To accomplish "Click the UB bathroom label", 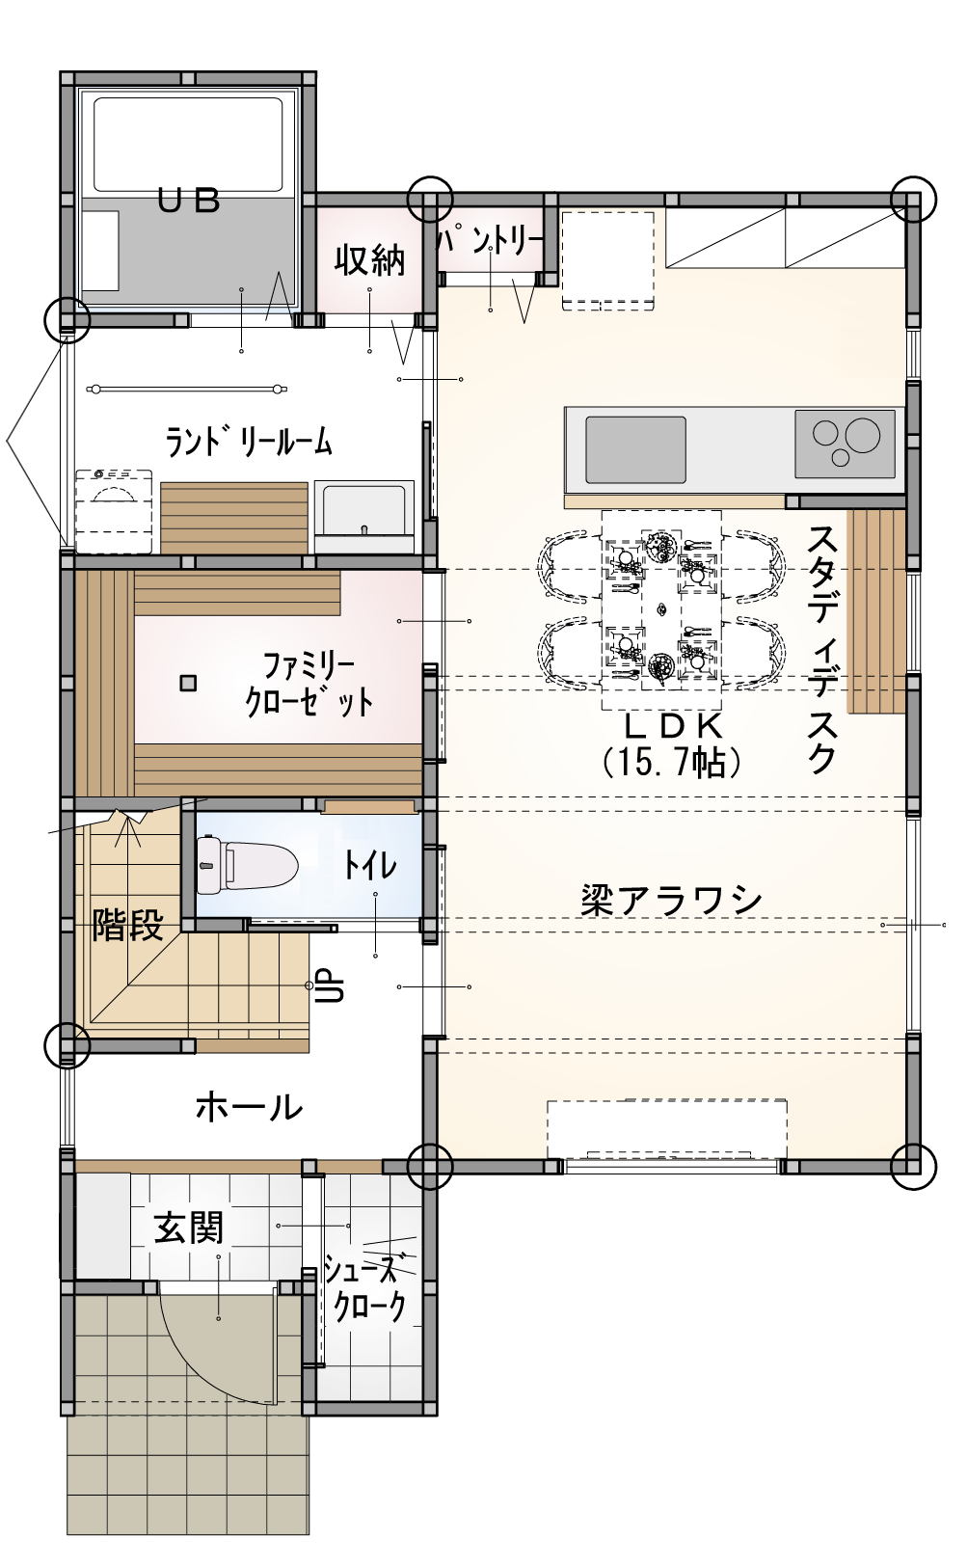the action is (189, 202).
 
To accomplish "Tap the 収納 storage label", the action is (369, 260).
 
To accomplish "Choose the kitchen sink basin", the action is (635, 450).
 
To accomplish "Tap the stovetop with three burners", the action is (844, 444).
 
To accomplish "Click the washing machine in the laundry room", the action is (113, 511).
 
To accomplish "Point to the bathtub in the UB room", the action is (189, 145).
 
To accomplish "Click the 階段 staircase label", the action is (128, 925).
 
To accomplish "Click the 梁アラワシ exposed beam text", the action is (671, 902).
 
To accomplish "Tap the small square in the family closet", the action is (188, 684).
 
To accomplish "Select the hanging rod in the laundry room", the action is (188, 389).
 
